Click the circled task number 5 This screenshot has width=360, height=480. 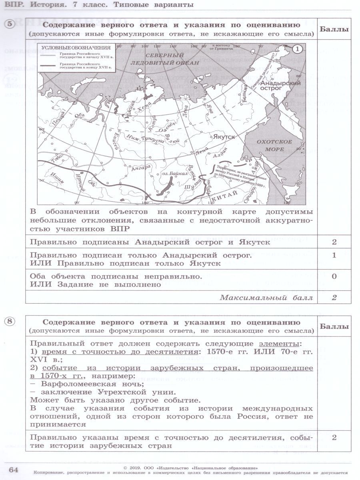click(11, 24)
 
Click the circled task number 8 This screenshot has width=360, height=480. click(11, 321)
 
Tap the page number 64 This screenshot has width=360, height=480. click(14, 469)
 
